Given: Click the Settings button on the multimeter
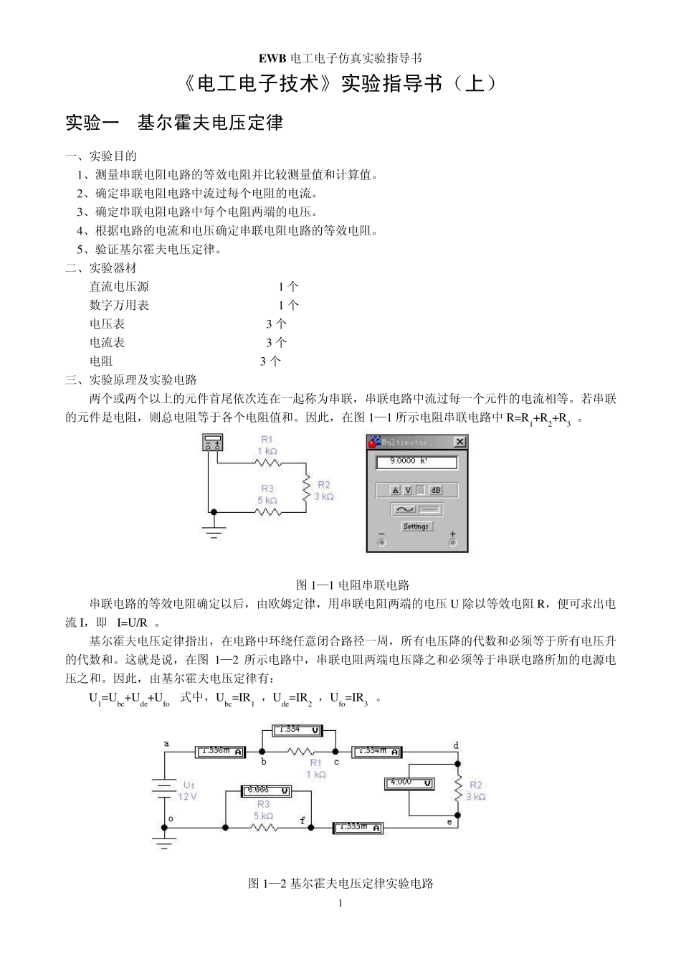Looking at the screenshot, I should [416, 526].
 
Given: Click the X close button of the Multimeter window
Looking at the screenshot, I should [459, 443].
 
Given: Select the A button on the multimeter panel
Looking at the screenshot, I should [394, 491].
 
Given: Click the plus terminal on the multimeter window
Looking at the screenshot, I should [452, 542].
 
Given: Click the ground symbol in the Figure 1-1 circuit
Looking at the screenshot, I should [213, 531].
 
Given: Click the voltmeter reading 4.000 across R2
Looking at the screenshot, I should [409, 783].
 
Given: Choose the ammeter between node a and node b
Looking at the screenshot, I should [221, 752].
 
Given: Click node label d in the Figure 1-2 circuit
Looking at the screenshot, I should [456, 745].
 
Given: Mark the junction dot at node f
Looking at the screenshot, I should [311, 827].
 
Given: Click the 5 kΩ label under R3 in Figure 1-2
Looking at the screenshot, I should [264, 816].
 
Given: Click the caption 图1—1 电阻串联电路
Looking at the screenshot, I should [352, 585].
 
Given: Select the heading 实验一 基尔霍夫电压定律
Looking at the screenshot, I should [174, 123].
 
